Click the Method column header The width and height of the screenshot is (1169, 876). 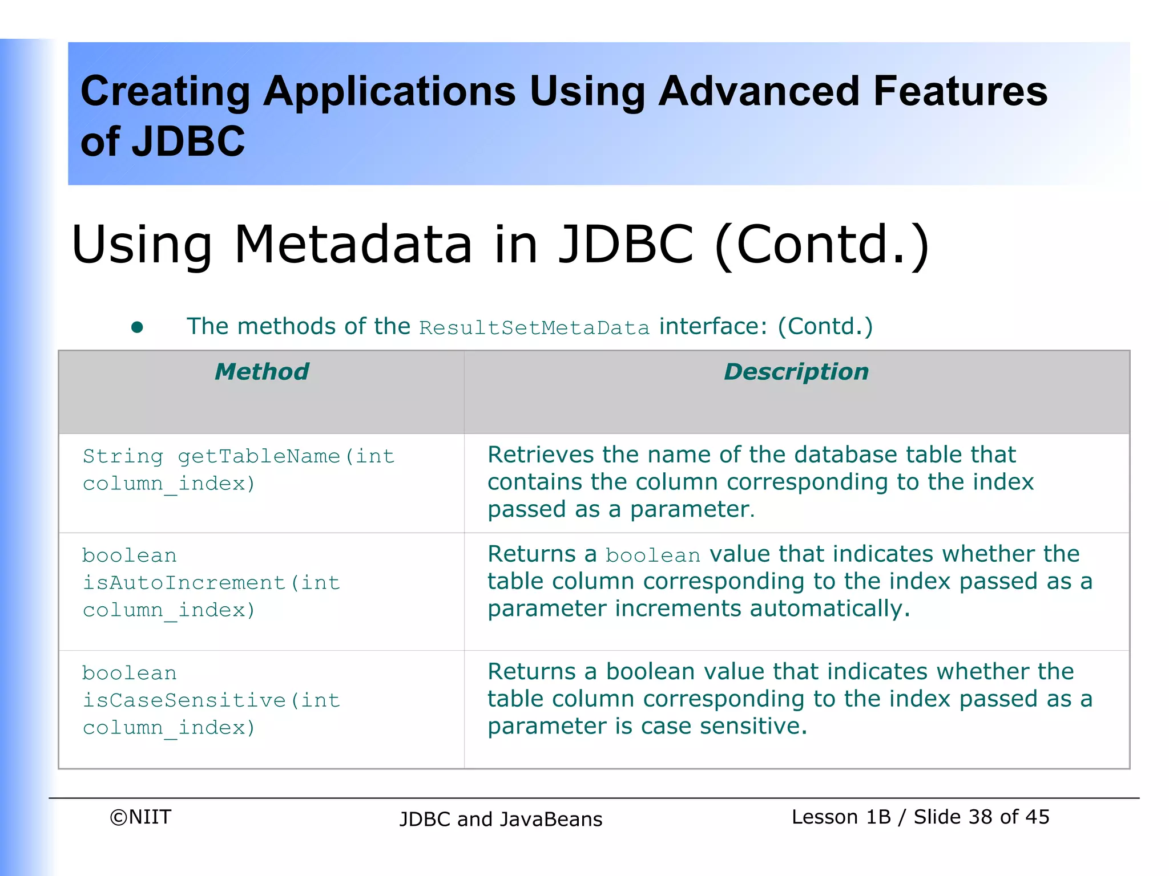point(261,372)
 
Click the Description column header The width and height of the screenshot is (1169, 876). point(796,372)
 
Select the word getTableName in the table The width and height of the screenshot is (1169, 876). point(259,456)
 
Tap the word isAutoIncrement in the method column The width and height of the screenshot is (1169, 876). point(184,583)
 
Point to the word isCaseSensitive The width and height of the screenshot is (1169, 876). point(184,700)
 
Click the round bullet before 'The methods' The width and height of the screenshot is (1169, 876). point(137,327)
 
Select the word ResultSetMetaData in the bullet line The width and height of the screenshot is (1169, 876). point(534,328)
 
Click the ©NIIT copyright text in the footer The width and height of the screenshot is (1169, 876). point(140,817)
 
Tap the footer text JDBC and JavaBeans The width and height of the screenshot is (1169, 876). point(501,819)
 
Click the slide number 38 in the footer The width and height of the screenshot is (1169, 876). point(980,817)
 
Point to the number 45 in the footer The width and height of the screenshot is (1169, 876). point(1037,817)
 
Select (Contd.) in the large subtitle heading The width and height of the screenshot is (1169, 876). point(822,245)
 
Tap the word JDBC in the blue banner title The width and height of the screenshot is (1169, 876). point(188,141)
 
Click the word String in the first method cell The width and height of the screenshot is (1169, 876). point(123,456)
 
